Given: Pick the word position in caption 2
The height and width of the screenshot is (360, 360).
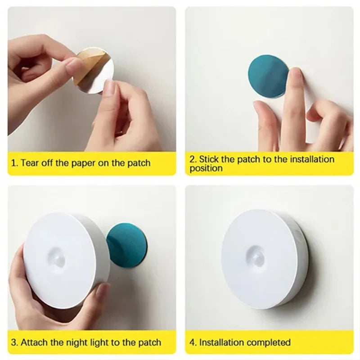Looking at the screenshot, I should click(206, 169).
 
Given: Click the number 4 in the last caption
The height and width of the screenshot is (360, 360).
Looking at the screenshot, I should click(192, 343).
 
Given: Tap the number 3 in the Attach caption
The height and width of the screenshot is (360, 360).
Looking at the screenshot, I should click(14, 343).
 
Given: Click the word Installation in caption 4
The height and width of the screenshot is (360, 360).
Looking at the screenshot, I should click(221, 343).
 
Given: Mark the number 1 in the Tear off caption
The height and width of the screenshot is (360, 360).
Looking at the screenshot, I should click(13, 163).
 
